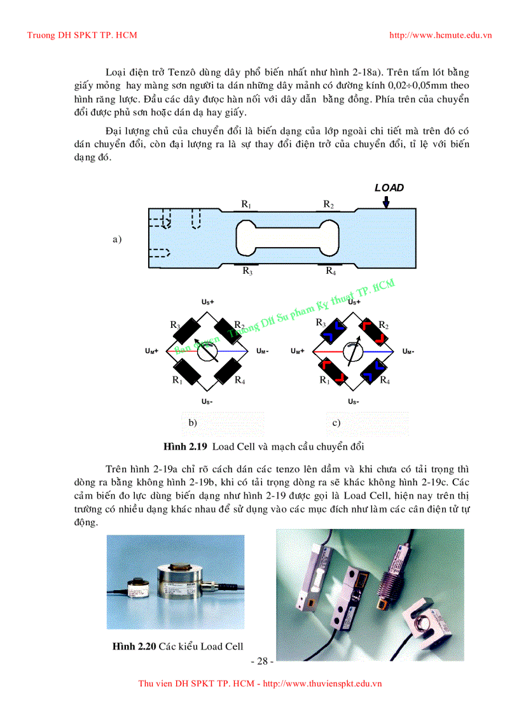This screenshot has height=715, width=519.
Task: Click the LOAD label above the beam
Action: coord(389,188)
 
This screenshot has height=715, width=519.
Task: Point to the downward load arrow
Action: coord(386,202)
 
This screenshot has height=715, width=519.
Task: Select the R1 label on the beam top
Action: coord(246,204)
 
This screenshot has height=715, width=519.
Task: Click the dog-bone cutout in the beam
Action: coord(285,234)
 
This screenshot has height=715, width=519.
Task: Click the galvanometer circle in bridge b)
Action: coord(208,351)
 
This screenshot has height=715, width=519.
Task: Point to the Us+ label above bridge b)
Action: coord(208,302)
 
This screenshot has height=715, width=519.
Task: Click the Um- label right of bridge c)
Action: coord(408,351)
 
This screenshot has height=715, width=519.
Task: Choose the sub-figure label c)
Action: coord(336,422)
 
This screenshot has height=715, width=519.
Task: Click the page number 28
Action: coord(261,662)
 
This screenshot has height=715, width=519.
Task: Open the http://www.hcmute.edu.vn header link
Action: coord(440,35)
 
